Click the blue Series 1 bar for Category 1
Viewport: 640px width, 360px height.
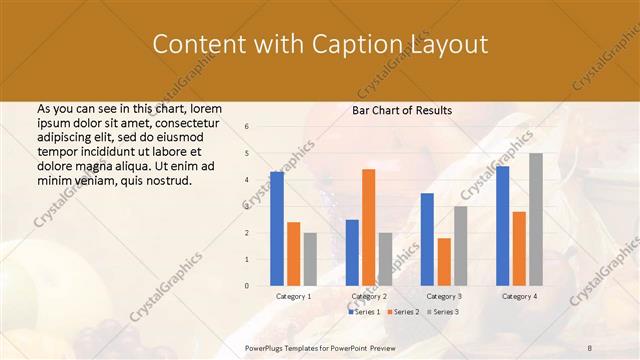(x=277, y=229)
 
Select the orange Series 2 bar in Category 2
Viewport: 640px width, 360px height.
(x=368, y=227)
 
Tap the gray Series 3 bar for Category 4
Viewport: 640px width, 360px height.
(x=536, y=220)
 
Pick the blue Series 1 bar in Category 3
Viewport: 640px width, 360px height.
(x=427, y=239)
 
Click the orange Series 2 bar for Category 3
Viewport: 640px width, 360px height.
(x=444, y=262)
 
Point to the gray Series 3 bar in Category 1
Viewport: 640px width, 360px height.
(x=310, y=259)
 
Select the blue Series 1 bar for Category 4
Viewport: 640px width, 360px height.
(x=502, y=226)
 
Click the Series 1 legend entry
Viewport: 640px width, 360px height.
(x=365, y=312)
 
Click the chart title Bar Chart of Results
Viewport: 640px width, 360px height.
(x=402, y=110)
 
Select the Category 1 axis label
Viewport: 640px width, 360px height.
(x=293, y=297)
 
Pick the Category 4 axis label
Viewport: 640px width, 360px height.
(x=518, y=297)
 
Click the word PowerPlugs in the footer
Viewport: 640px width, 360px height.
(x=268, y=347)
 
